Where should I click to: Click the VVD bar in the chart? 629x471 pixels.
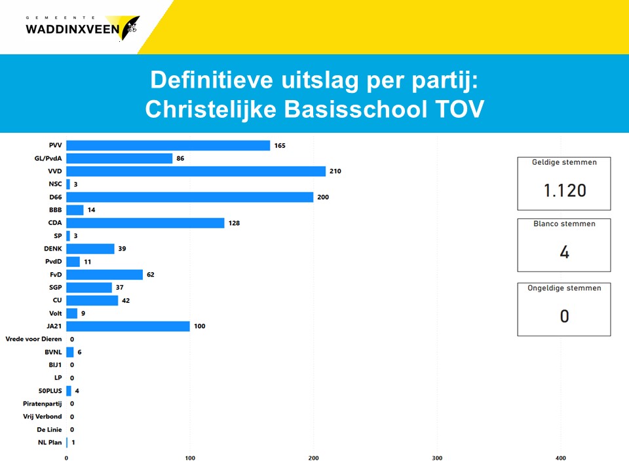[x=196, y=171]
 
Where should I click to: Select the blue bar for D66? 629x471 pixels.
[x=190, y=197]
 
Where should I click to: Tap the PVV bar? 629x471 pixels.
[x=168, y=145]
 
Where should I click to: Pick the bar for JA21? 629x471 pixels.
[x=128, y=326]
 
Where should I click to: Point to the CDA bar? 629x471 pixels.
[x=145, y=223]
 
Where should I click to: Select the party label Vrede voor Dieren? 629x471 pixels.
[x=33, y=339]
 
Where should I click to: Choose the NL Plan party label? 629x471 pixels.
[x=50, y=442]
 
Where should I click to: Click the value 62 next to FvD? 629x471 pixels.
[x=151, y=275]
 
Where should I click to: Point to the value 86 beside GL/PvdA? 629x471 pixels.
[x=180, y=158]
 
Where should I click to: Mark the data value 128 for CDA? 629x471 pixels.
[x=234, y=223]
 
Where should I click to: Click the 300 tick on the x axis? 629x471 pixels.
[x=438, y=458]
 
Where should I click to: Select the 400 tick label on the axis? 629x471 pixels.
[x=561, y=458]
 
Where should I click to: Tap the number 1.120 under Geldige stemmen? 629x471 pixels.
[x=564, y=190]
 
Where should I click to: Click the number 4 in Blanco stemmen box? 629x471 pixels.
[x=564, y=253]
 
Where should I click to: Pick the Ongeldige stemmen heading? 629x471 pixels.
[x=564, y=288]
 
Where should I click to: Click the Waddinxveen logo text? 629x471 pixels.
[x=72, y=29]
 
